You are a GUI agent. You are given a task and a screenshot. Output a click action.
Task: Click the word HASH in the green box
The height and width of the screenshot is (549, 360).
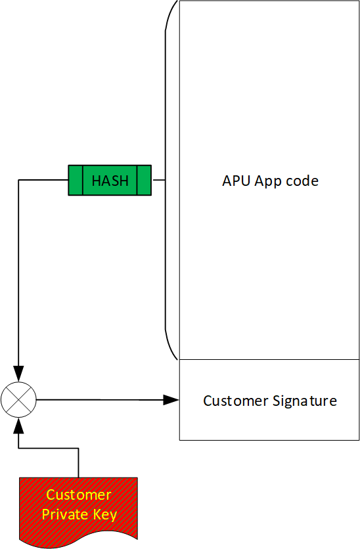[110, 181]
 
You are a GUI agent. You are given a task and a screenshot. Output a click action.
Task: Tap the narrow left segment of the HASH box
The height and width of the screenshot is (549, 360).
[76, 181]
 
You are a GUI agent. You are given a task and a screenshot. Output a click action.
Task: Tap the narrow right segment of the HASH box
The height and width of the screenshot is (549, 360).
[145, 181]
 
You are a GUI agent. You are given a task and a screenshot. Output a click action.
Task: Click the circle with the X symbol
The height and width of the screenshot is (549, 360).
[18, 399]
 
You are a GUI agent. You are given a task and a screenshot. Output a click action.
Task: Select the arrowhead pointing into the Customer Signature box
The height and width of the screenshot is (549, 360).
[172, 399]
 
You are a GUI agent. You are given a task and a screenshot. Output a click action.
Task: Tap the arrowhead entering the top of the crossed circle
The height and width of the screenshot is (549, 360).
[18, 376]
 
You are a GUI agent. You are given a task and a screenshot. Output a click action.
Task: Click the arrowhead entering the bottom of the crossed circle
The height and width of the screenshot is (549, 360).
[18, 424]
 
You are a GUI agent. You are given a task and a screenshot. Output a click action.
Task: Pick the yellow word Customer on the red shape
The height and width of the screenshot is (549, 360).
[79, 495]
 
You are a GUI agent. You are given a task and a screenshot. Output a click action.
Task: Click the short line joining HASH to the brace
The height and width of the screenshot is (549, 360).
[158, 180]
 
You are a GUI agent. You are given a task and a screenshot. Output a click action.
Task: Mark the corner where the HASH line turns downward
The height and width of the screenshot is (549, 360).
[18, 180]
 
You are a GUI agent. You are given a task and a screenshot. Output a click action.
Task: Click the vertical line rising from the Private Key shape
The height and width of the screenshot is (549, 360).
[78, 463]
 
